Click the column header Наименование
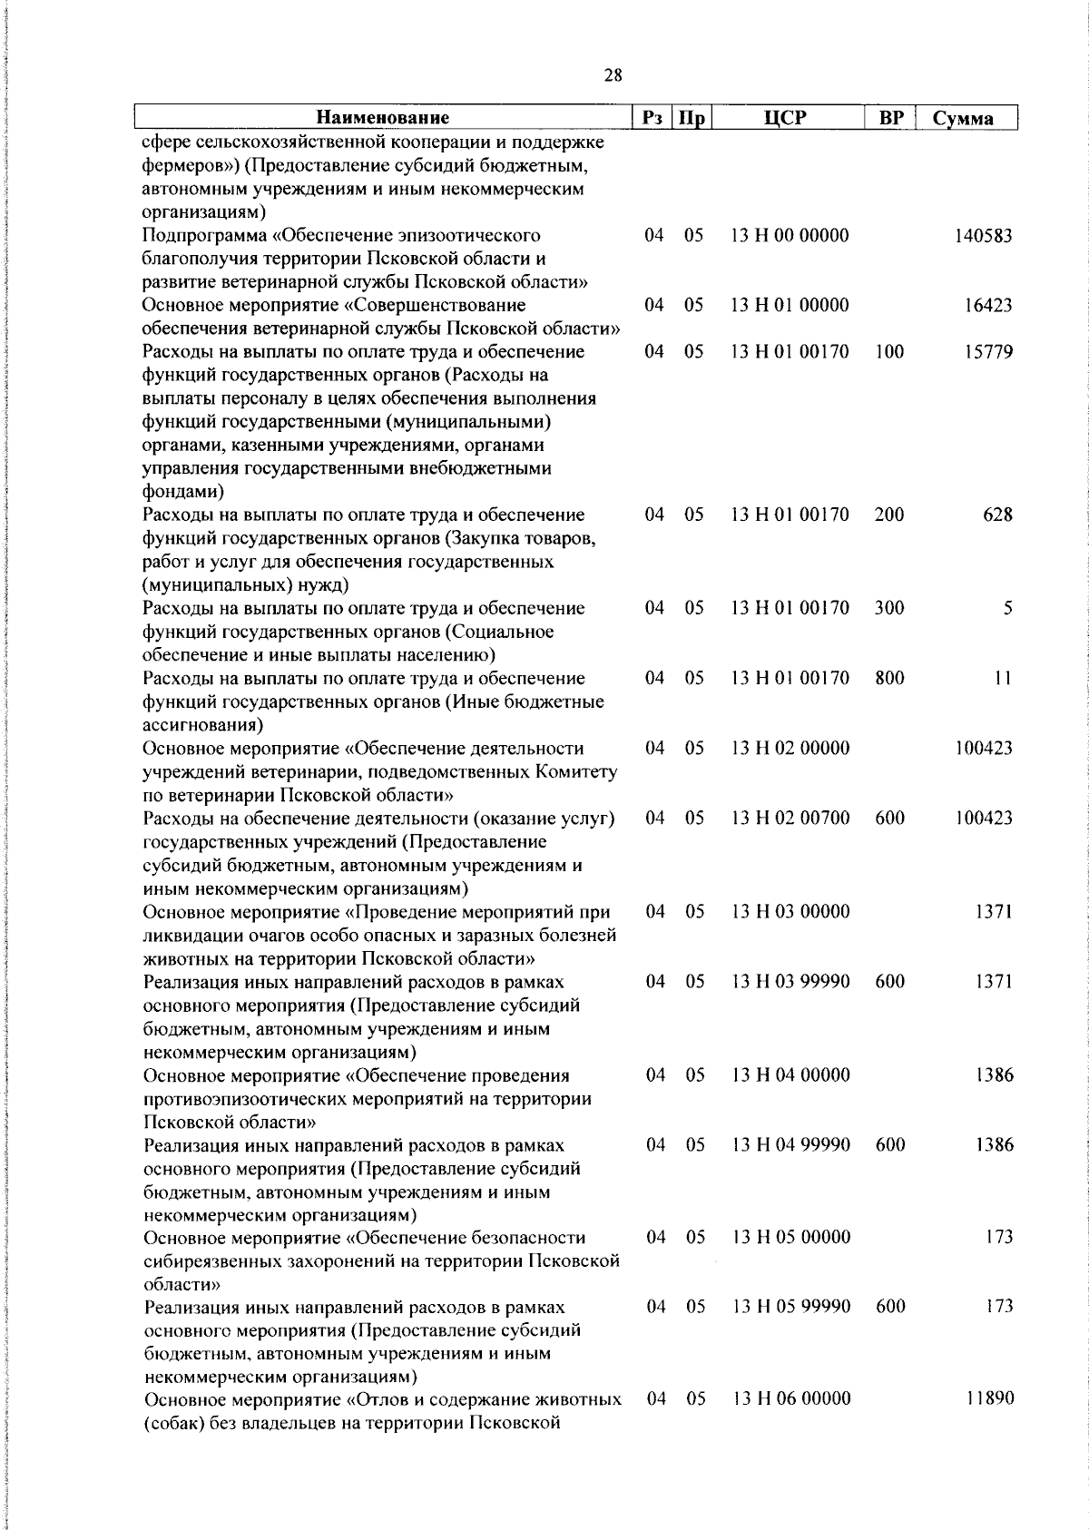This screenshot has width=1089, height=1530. (383, 118)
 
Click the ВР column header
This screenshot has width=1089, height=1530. (890, 118)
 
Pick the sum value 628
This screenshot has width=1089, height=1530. (997, 515)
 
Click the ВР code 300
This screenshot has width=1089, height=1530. (889, 609)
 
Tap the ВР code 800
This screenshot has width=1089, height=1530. (889, 679)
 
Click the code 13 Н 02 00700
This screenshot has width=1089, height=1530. (790, 819)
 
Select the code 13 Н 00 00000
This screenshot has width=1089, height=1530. (790, 236)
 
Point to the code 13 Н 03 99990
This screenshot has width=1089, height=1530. (790, 982)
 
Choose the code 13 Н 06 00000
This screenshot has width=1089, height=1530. (791, 1399)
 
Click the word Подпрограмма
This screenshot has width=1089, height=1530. (205, 236)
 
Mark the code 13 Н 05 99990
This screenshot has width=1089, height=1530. (791, 1307)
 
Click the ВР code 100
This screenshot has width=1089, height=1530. (889, 352)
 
